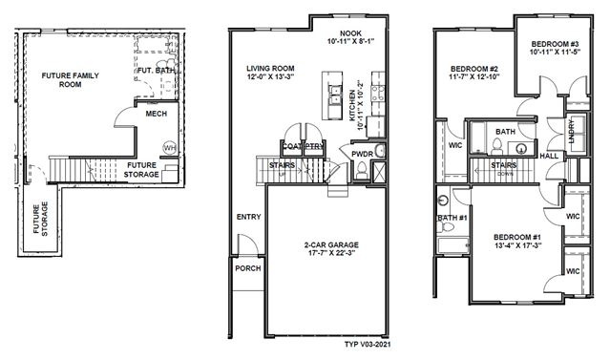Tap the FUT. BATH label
click(x=155, y=70)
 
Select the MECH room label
click(x=158, y=114)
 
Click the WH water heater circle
click(x=169, y=147)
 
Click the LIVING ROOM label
click(x=270, y=68)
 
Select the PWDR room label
click(x=362, y=153)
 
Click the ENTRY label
click(x=248, y=217)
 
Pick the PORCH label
click(x=248, y=268)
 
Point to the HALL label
click(x=549, y=154)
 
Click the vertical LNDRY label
click(x=571, y=129)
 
